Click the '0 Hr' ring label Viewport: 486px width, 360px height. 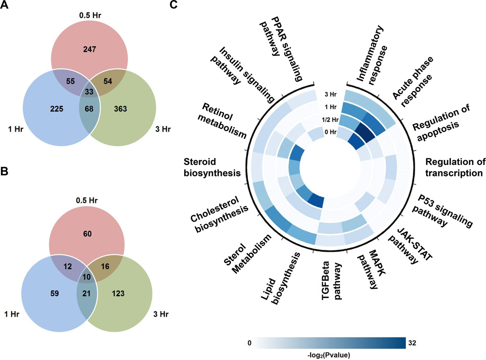(x=330, y=132)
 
